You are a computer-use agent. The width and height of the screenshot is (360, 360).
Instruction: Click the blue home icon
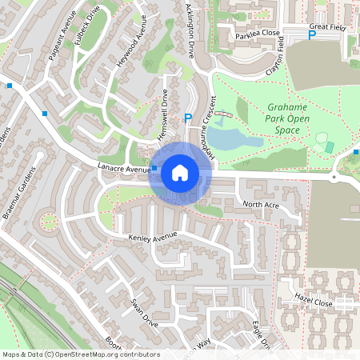[180, 173]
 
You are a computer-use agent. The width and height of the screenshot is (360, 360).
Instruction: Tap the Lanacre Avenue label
[124, 168]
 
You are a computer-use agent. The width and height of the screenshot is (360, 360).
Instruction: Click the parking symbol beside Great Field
[312, 35]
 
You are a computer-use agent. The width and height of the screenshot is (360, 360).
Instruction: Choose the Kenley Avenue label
[152, 238]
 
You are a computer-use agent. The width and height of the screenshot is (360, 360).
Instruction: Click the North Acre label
[261, 205]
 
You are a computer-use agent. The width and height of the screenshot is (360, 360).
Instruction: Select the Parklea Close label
[258, 34]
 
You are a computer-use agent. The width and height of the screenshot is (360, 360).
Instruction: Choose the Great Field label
[326, 26]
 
